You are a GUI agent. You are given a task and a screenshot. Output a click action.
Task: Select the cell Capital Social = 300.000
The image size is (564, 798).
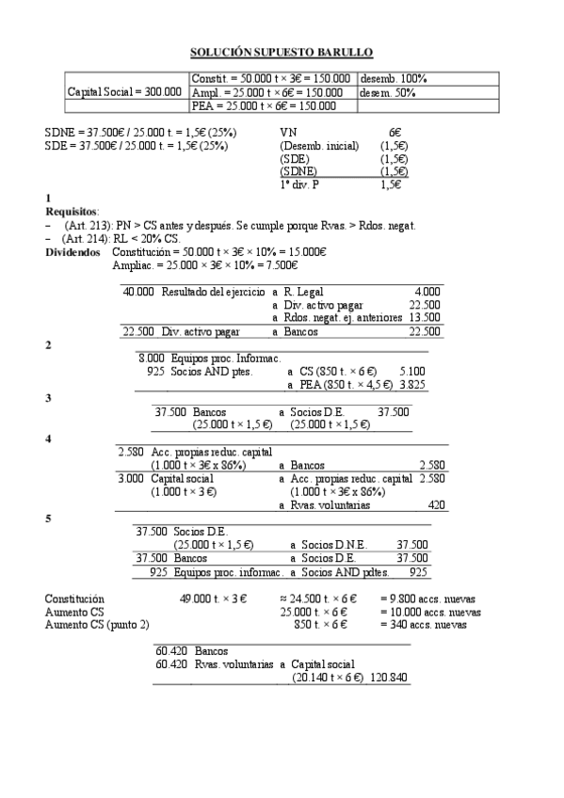pos(125,92)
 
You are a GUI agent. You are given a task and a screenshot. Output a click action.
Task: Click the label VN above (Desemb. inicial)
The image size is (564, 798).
pos(288,134)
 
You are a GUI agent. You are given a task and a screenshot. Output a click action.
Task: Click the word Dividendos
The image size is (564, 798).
pos(74,252)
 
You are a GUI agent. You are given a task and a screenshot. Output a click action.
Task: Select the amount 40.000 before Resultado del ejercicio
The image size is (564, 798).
pos(138,292)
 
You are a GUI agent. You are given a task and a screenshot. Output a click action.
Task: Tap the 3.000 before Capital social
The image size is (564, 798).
pos(131,478)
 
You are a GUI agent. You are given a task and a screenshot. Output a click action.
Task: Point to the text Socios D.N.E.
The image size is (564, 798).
pos(328,544)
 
